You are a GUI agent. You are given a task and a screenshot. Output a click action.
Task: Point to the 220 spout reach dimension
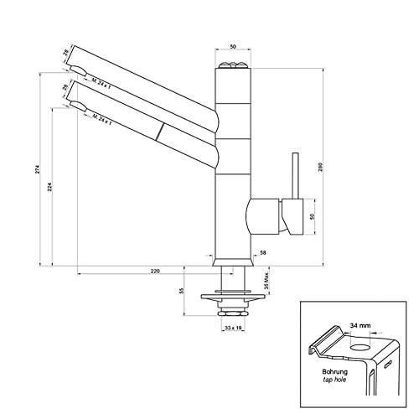pyautogui.click(x=155, y=272)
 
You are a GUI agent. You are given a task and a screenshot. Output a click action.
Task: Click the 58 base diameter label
pyautogui.click(x=263, y=252)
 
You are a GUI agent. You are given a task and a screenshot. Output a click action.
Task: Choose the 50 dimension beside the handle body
pyautogui.click(x=313, y=216)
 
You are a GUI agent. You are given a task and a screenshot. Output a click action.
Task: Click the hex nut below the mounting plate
pyautogui.click(x=232, y=312)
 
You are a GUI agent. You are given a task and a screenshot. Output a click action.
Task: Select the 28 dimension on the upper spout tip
pyautogui.click(x=66, y=55)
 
